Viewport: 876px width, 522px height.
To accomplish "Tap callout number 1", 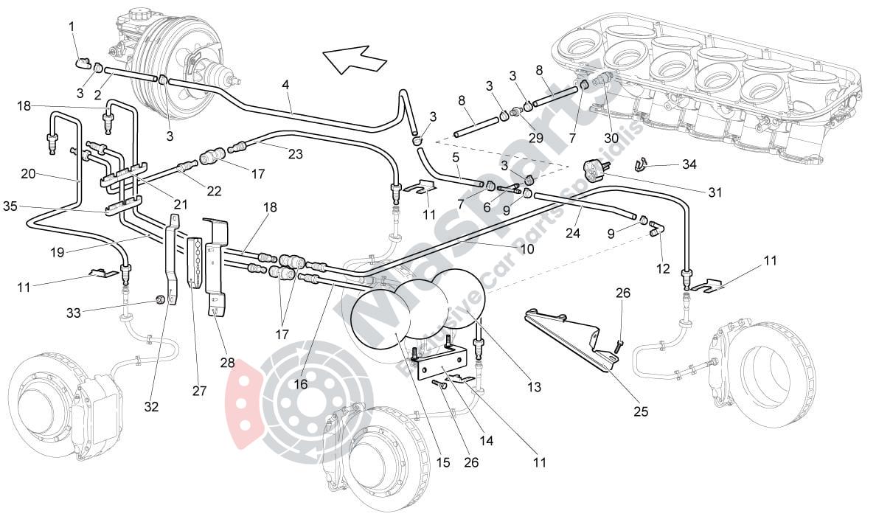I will tap(72, 27).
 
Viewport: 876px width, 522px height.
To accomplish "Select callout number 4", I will tap(285, 85).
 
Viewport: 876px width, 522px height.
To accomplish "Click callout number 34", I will tap(689, 164).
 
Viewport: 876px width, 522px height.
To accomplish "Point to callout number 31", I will tap(715, 193).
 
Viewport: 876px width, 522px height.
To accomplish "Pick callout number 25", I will tap(641, 411).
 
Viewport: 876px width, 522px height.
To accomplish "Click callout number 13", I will tap(534, 386).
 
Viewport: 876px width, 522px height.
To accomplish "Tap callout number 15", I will tap(442, 462).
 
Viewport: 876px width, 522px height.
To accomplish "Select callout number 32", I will tap(152, 406).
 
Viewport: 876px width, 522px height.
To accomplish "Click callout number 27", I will tap(199, 391).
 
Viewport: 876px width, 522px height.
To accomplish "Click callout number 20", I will tap(29, 173).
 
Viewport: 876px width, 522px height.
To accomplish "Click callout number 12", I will tap(662, 269).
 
